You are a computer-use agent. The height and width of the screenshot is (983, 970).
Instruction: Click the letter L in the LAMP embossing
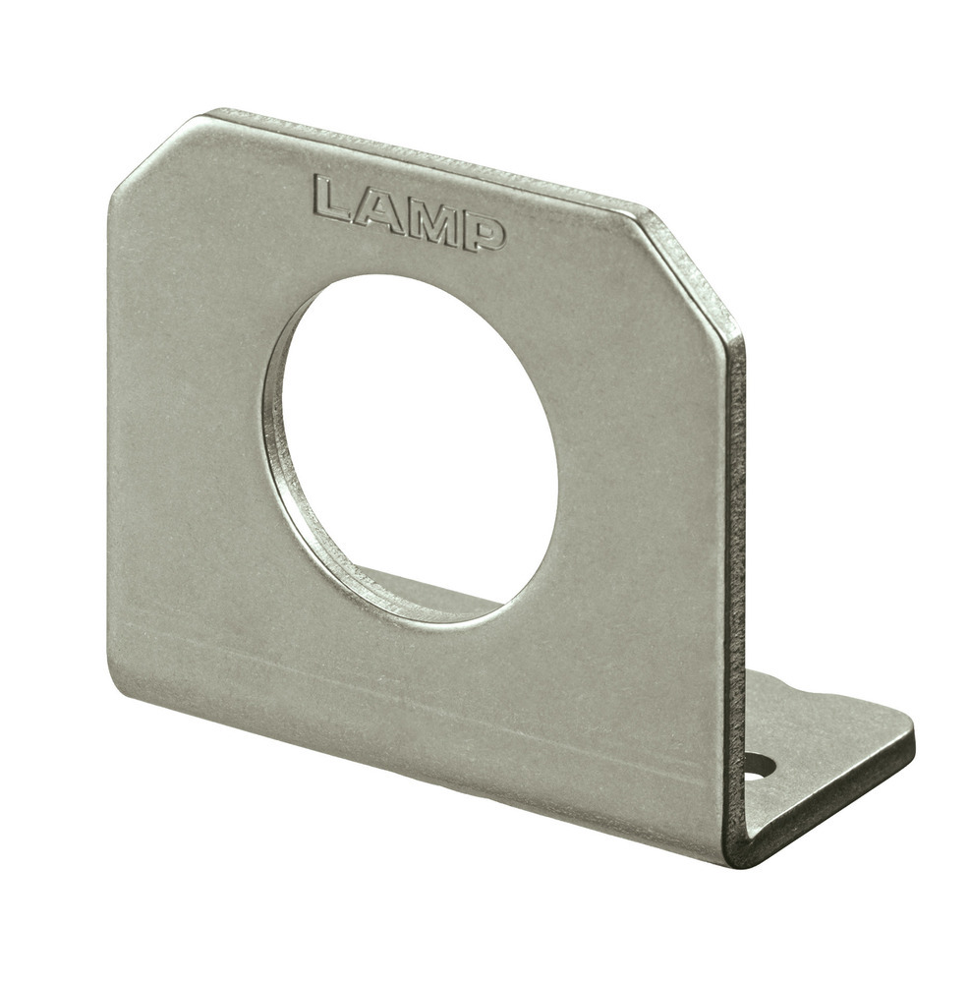pyautogui.click(x=334, y=200)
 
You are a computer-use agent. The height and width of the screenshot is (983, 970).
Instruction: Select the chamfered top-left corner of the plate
pyautogui.click(x=154, y=152)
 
